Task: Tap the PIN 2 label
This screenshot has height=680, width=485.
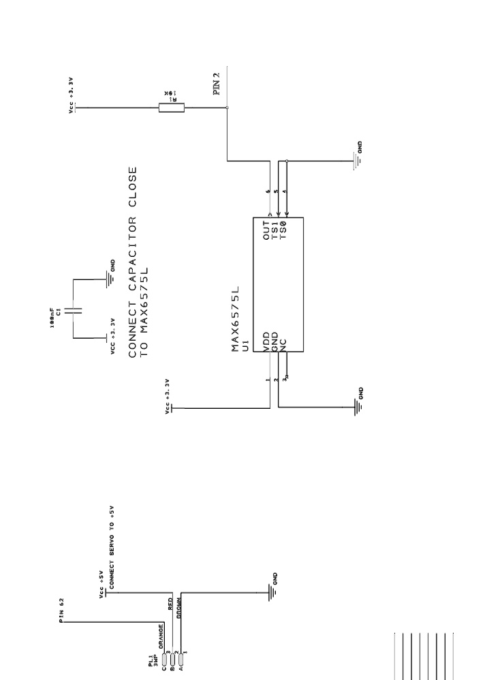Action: click(x=218, y=84)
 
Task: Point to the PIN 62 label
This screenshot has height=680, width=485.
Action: click(x=61, y=611)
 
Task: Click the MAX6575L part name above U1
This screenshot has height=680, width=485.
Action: click(x=236, y=319)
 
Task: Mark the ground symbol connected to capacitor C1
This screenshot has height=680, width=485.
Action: click(x=108, y=275)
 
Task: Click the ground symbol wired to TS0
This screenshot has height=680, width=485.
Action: click(x=356, y=161)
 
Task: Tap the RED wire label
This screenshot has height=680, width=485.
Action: click(x=170, y=602)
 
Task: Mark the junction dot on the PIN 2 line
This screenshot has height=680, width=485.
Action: click(x=227, y=107)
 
